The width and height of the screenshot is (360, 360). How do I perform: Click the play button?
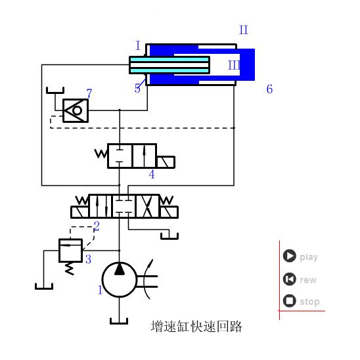pyautogui.click(x=289, y=256)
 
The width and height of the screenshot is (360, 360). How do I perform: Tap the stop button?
pyautogui.click(x=289, y=301)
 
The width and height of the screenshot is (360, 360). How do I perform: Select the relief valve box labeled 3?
pyautogui.click(x=70, y=250)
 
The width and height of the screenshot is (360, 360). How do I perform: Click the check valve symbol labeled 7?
pyautogui.click(x=74, y=110)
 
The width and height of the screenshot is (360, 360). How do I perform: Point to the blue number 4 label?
pyautogui.click(x=152, y=175)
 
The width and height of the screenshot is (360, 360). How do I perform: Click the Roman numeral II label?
pyautogui.click(x=243, y=30)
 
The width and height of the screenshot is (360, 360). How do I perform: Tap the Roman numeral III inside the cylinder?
pyautogui.click(x=234, y=65)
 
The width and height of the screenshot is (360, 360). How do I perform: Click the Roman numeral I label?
pyautogui.click(x=138, y=46)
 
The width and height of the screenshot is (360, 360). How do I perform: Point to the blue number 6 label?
pyautogui.click(x=269, y=89)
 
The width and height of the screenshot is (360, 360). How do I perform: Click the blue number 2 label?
pyautogui.click(x=97, y=227)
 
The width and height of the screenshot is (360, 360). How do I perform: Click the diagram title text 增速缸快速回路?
pyautogui.click(x=196, y=326)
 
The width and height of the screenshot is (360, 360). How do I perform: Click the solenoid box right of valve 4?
pyautogui.click(x=166, y=162)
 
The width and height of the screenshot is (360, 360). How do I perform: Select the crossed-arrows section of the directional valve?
pyautogui.click(x=146, y=205)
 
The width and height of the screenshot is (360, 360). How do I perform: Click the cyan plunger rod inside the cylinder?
pyautogui.click(x=169, y=65)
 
